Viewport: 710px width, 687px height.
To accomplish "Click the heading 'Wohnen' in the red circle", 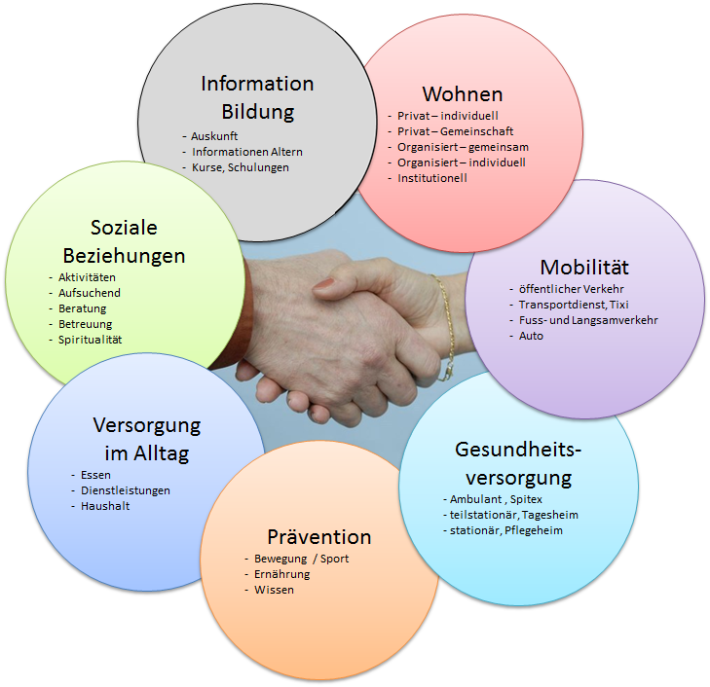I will coord(462,94).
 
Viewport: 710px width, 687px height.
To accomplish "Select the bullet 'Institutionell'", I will coord(432,178).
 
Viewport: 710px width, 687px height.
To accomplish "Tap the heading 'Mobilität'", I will coord(584,267).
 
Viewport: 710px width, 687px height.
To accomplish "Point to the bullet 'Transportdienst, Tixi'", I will coord(574,305).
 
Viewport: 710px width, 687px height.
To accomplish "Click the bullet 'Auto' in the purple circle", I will coord(532,336).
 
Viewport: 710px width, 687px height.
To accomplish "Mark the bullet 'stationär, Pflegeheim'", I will coord(505,530).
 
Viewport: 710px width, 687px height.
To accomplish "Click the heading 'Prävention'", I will coord(319,537).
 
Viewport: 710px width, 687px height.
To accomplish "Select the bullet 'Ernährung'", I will coord(282,574).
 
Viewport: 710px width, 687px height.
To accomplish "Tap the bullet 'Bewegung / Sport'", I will coord(301,559).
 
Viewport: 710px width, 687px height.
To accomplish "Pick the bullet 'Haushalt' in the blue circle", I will coord(105,506).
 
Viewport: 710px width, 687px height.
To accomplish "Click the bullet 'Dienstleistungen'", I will coord(126,490).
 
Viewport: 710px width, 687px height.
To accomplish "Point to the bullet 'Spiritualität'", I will coord(91,340).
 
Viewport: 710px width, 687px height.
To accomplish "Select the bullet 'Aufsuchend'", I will coord(90,293).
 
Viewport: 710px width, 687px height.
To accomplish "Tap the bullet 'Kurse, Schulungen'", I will coord(241,167).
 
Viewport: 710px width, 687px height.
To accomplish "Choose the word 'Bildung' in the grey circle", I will coord(257,111).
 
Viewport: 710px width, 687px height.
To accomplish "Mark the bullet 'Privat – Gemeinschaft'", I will coord(455,131).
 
